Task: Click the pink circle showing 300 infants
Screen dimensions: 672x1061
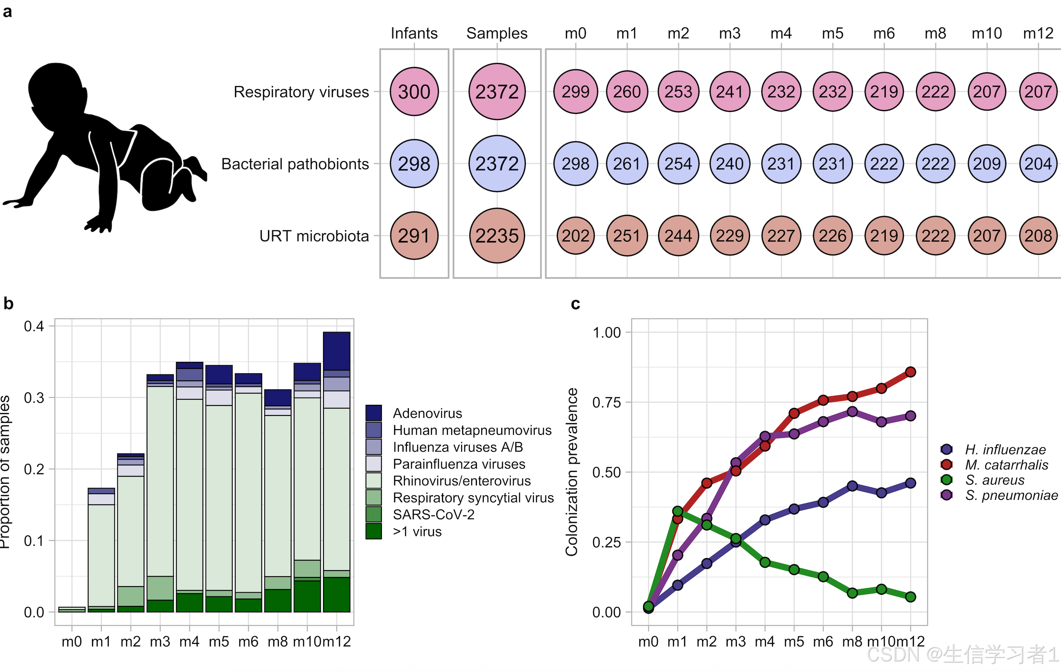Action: point(414,92)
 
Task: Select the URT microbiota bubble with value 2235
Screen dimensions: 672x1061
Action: point(497,236)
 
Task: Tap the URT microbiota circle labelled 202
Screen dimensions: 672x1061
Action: point(575,236)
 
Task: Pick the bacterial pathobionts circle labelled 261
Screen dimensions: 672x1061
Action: point(627,163)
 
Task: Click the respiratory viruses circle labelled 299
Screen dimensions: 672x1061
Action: point(575,92)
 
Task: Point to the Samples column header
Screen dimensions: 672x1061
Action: point(497,33)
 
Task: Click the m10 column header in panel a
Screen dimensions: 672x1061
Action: point(987,33)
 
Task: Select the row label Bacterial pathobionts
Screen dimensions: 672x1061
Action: point(295,164)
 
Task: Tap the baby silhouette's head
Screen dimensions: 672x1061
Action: point(55,88)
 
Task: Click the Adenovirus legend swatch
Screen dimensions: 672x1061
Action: point(374,413)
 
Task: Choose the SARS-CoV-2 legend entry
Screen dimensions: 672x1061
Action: point(434,515)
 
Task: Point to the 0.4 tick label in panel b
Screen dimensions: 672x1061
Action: point(34,326)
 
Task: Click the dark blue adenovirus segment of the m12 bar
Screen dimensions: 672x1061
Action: point(337,351)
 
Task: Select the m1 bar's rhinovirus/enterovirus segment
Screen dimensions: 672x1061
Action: point(101,555)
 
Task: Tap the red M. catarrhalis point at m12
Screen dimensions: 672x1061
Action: point(910,372)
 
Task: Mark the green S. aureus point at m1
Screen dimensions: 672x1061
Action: point(678,511)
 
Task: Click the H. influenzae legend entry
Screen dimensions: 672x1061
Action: point(1005,450)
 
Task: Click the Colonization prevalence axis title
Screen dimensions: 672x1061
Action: point(572,471)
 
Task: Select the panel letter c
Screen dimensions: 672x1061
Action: point(575,304)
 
